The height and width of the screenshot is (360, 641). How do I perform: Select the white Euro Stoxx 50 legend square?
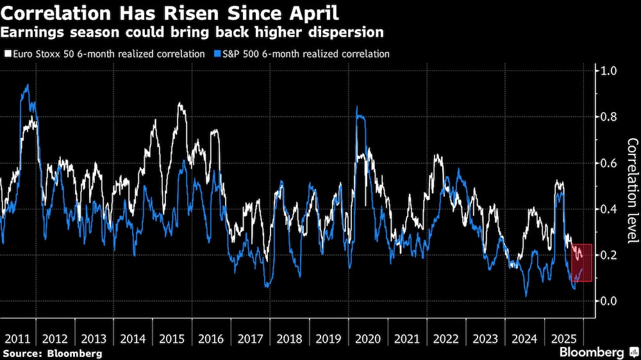coord(7,54)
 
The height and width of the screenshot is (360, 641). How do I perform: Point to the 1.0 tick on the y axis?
coord(608,70)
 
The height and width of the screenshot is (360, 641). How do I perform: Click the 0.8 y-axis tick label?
coord(608,117)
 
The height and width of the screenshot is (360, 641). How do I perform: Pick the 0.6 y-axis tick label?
coord(608,163)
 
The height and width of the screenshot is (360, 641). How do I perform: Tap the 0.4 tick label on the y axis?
coord(608,209)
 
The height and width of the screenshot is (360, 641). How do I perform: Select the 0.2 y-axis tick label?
coord(608,256)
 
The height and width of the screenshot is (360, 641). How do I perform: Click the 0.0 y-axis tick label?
coord(608,301)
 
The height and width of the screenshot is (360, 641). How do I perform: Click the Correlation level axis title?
coord(632,191)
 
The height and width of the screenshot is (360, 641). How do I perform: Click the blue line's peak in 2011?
coord(26,85)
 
